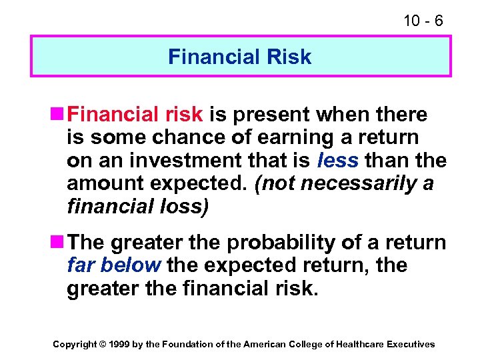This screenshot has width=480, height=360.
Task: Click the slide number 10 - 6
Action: [x=423, y=21]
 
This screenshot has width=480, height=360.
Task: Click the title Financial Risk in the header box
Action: [x=240, y=57]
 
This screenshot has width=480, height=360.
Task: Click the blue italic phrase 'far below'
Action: [x=114, y=265]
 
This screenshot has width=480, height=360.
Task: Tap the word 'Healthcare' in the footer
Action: [x=359, y=345]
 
